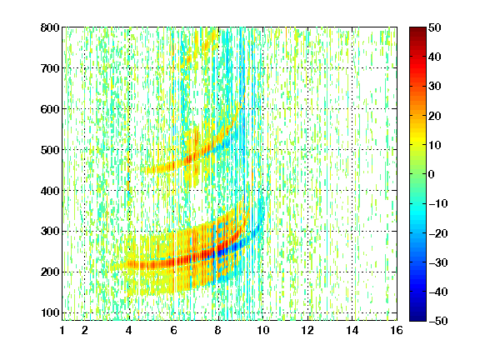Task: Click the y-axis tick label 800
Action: (x=50, y=27)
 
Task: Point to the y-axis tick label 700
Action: (x=50, y=68)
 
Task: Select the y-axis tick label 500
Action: (x=50, y=150)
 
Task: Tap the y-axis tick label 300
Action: (x=50, y=232)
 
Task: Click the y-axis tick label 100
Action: (x=50, y=312)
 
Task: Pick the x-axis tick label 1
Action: (x=62, y=330)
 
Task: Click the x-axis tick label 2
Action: (x=85, y=330)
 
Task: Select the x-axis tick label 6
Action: (x=174, y=330)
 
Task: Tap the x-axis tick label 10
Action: (x=263, y=330)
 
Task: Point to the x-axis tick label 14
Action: (x=352, y=330)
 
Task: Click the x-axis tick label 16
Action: (x=397, y=330)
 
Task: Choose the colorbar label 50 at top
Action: (x=434, y=27)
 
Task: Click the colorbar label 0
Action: (x=432, y=174)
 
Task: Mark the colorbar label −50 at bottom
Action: (x=438, y=321)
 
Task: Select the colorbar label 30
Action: (x=434, y=87)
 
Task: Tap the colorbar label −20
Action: (x=438, y=233)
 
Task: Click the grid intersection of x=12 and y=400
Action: (x=307, y=190)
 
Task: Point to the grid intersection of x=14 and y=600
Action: (x=352, y=109)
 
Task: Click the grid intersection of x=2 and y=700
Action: (x=85, y=68)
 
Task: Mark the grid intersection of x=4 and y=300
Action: (x=129, y=231)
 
